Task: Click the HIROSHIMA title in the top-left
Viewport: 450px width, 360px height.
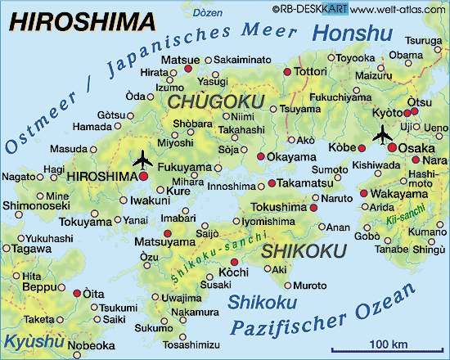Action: [x=71, y=19]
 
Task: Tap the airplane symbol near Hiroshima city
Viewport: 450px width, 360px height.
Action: [x=142, y=157]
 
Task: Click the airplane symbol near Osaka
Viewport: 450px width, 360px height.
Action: [x=381, y=133]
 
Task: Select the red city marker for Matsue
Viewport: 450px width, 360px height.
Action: [x=188, y=70]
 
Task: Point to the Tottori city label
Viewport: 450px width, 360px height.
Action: [x=313, y=72]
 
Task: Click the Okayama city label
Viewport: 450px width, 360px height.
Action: [x=291, y=155]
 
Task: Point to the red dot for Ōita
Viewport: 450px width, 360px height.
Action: [x=78, y=292]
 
